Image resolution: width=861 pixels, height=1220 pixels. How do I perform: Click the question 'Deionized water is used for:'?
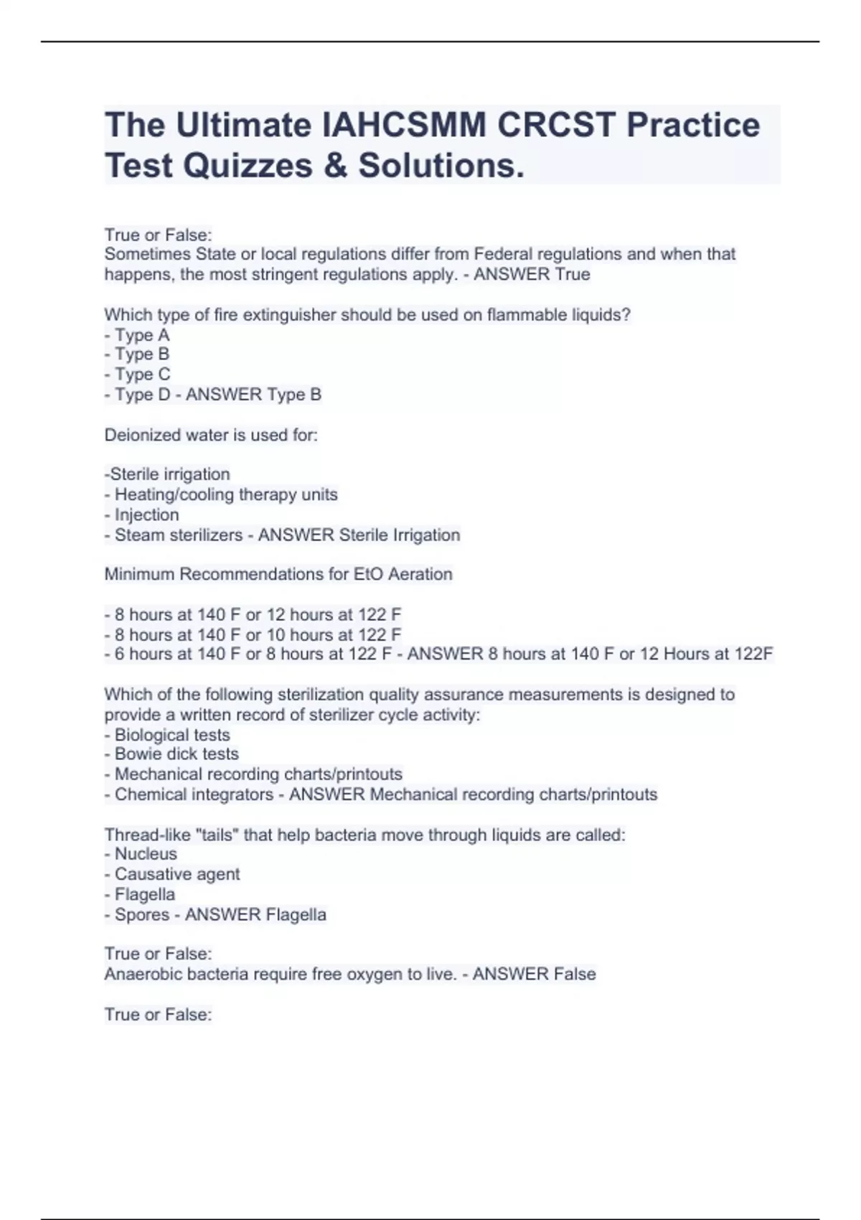coord(211,435)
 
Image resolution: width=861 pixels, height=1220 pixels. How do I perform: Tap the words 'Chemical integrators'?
coord(194,794)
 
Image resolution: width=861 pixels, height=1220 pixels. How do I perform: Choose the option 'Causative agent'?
coord(177,874)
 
